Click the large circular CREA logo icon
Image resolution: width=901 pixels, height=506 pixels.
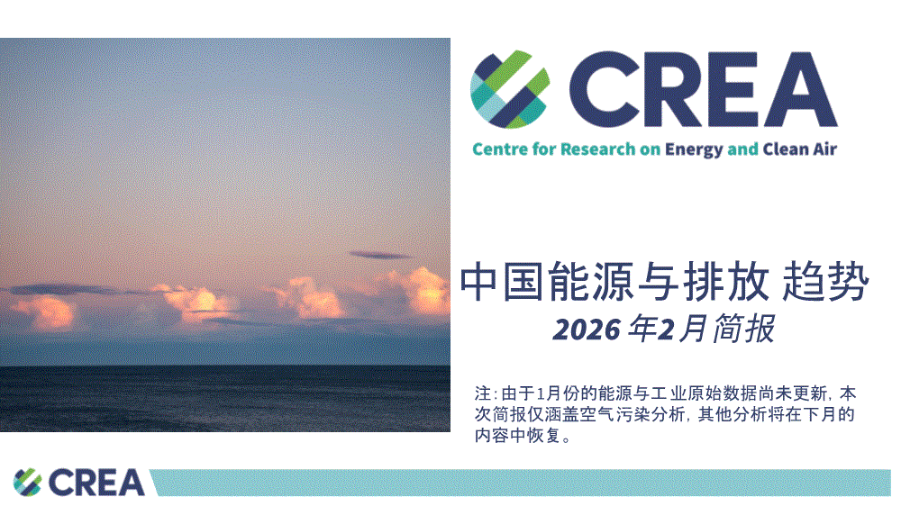point(510,89)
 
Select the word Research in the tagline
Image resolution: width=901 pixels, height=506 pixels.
point(597,149)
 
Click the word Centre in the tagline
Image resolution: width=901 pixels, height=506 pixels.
point(500,149)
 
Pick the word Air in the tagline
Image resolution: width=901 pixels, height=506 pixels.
point(824,149)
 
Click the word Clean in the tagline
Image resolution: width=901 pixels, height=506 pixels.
point(786,149)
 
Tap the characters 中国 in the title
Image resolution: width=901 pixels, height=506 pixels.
point(502,282)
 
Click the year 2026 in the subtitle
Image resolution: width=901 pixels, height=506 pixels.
point(587,330)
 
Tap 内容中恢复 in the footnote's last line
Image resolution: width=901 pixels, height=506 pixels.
point(518,436)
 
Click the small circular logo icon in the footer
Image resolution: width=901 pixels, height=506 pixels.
point(28,482)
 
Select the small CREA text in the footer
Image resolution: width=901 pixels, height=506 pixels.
point(96,483)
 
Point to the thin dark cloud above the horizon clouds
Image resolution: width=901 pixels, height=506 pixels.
point(380,255)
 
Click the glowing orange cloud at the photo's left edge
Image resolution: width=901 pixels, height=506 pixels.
point(46,313)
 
